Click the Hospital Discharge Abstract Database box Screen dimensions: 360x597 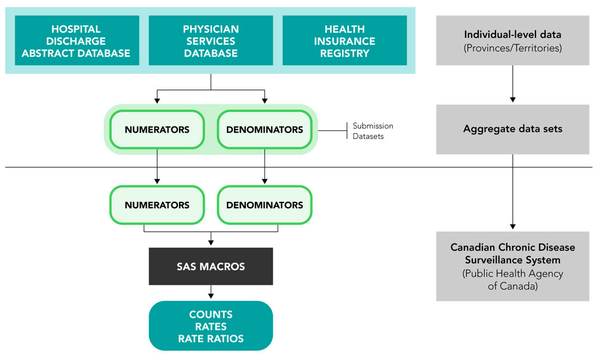(76, 41)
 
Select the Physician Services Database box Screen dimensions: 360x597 (211, 41)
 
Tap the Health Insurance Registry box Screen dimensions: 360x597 (344, 41)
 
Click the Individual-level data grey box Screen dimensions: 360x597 (513, 41)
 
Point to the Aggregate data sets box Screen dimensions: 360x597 (513, 129)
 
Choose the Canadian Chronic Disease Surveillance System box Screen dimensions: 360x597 (513, 266)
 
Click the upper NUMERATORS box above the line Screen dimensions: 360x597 (157, 129)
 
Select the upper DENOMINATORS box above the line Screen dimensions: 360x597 (264, 129)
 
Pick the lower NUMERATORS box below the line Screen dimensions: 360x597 (157, 205)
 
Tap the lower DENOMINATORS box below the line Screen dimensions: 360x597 (264, 205)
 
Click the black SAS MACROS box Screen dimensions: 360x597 (211, 266)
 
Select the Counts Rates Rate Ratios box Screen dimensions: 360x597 (211, 326)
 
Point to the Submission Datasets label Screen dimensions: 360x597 (373, 130)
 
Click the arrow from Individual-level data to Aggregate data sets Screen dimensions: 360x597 (513, 84)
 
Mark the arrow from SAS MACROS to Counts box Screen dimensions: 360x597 (211, 292)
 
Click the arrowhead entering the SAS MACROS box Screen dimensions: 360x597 (211, 242)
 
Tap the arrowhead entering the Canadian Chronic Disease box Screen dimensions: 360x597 (513, 226)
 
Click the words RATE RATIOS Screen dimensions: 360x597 (211, 339)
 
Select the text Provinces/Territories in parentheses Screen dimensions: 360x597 (513, 48)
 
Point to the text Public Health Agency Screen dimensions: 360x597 (513, 274)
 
